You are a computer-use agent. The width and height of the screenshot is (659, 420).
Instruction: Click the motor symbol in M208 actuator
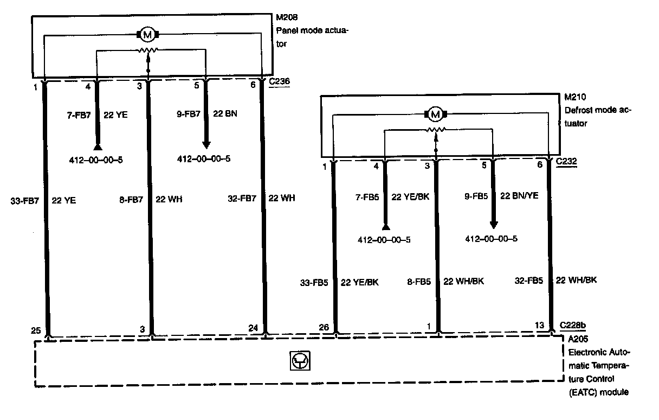point(147,35)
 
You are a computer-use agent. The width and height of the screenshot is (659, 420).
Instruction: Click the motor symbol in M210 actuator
point(435,114)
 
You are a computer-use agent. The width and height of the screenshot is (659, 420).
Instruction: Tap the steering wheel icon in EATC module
point(299,361)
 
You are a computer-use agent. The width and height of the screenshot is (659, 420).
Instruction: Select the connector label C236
point(280,82)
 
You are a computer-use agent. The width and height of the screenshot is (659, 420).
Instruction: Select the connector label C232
point(567,161)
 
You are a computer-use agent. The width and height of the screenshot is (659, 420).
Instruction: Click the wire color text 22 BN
point(226,114)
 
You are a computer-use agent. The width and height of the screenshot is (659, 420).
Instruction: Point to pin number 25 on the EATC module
point(36,329)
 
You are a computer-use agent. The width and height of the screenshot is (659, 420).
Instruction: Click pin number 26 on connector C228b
point(324,327)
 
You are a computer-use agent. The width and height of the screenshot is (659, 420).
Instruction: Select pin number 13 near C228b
point(540,325)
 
